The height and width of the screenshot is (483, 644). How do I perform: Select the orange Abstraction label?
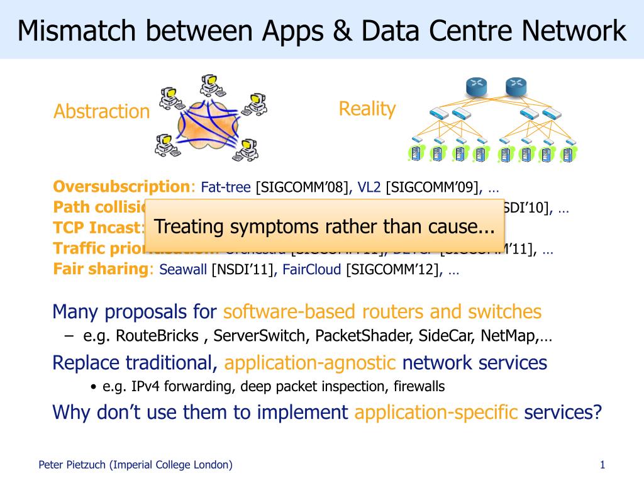tap(101, 112)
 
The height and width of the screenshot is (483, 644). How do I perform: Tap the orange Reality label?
tap(367, 109)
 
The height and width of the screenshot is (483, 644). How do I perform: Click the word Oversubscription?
tap(121, 187)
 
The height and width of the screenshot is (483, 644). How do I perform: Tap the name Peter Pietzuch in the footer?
tap(72, 465)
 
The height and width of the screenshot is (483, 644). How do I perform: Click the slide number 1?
tap(602, 465)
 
